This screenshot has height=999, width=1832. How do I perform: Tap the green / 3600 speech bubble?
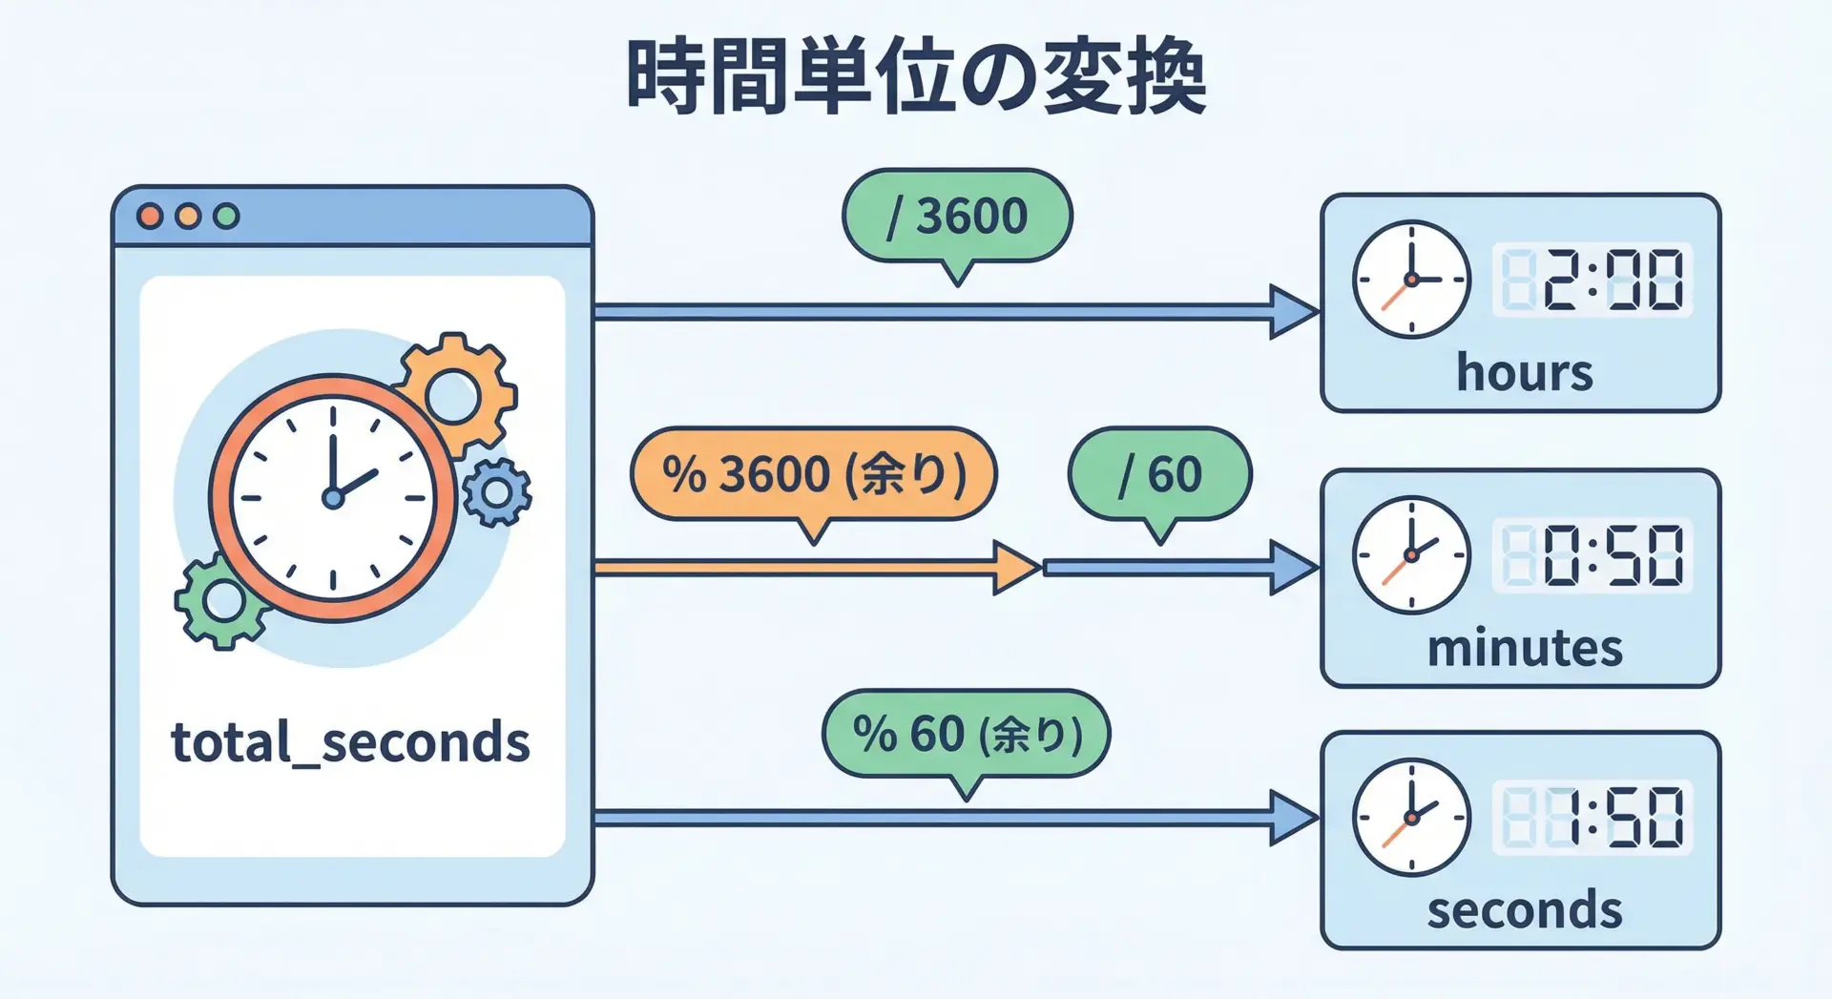click(x=957, y=216)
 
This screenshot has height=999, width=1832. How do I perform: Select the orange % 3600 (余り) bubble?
click(x=813, y=474)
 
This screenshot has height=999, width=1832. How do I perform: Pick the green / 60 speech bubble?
click(x=1159, y=474)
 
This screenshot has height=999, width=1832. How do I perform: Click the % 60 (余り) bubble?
click(x=966, y=735)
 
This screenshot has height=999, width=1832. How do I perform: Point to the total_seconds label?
click(x=350, y=743)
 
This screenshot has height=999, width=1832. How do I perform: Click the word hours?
click(x=1524, y=372)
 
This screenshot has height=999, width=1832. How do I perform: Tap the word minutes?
click(x=1524, y=648)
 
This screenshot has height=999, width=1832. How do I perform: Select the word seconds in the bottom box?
click(x=1524, y=910)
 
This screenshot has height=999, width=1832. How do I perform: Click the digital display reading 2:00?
click(x=1592, y=281)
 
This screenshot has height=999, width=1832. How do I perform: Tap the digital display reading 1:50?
click(x=1592, y=818)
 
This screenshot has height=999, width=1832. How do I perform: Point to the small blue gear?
click(x=496, y=492)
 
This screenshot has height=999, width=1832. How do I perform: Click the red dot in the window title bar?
click(x=150, y=217)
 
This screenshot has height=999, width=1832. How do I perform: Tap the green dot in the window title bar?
click(x=226, y=217)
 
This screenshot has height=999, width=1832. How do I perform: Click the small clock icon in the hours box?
click(x=1411, y=280)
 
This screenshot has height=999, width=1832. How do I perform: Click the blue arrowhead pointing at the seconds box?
click(x=1293, y=818)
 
